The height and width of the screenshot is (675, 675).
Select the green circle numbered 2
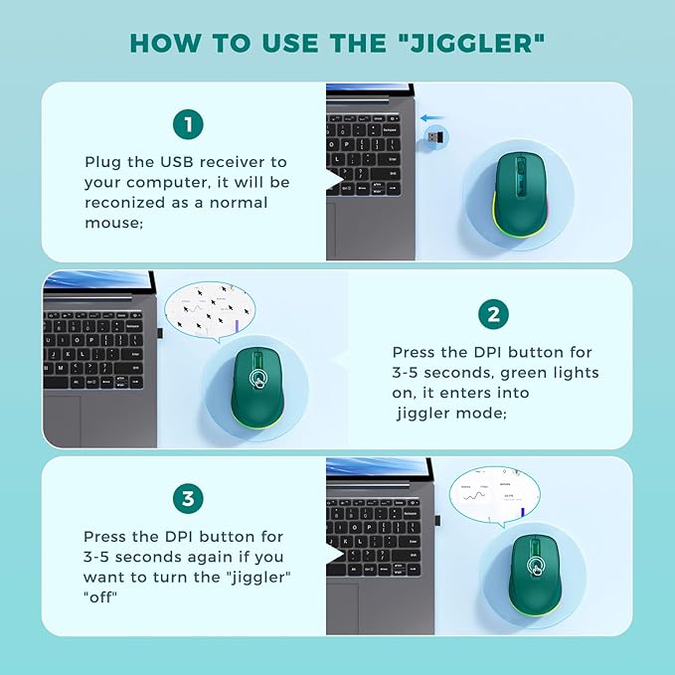[493, 315]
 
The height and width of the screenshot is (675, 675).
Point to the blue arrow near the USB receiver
[433, 116]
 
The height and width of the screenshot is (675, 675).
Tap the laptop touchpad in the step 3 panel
[347, 606]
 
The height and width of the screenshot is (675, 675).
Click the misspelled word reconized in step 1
[129, 203]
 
